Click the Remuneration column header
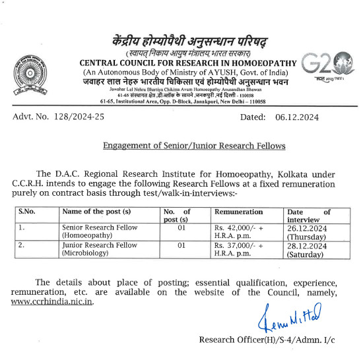pyautogui.click(x=239, y=212)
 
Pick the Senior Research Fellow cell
pyautogui.click(x=100, y=231)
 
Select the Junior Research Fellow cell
pyautogui.click(x=100, y=249)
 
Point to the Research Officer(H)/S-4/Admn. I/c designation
pyautogui.click(x=267, y=340)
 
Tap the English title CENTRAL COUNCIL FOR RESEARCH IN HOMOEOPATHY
pyautogui.click(x=187, y=62)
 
